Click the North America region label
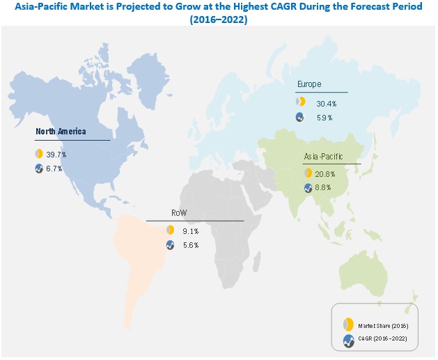click(62, 131)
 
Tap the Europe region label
click(310, 84)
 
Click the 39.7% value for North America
click(54, 153)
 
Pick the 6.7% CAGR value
click(54, 169)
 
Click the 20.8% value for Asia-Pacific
click(324, 173)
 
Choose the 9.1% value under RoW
click(191, 230)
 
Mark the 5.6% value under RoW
click(191, 245)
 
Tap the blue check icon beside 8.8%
click(308, 188)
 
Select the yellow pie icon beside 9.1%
click(169, 230)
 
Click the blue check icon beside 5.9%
click(299, 118)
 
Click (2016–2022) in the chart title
click(219, 20)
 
